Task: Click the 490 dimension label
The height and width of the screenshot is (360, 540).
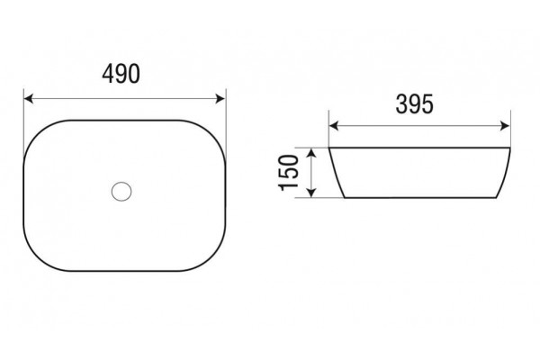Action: [x=121, y=74]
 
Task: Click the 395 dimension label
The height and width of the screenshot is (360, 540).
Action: [x=414, y=104]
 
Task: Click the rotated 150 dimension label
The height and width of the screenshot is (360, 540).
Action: [x=288, y=173]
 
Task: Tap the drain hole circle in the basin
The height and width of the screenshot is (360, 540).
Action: [x=121, y=191]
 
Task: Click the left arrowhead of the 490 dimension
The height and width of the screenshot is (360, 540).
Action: [x=28, y=98]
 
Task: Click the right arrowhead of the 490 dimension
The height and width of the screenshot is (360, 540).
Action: [x=220, y=98]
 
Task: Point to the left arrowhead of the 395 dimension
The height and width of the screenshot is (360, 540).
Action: [x=334, y=126]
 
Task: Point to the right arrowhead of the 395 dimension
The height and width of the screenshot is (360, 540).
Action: [x=505, y=126]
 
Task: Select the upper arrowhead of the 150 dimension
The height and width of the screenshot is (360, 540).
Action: [x=311, y=153]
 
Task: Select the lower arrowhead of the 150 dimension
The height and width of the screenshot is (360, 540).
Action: [x=311, y=193]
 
